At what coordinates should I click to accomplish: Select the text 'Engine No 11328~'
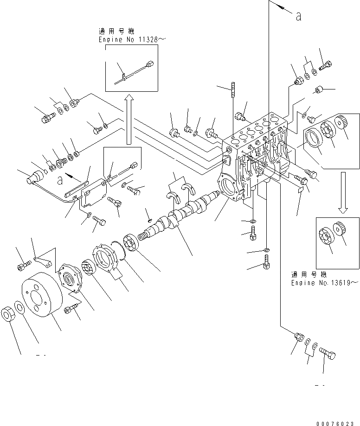(x=131, y=40)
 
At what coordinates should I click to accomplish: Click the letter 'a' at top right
(x=298, y=16)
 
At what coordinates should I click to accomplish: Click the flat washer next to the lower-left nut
(x=20, y=307)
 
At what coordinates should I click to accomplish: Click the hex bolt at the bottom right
(x=327, y=356)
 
